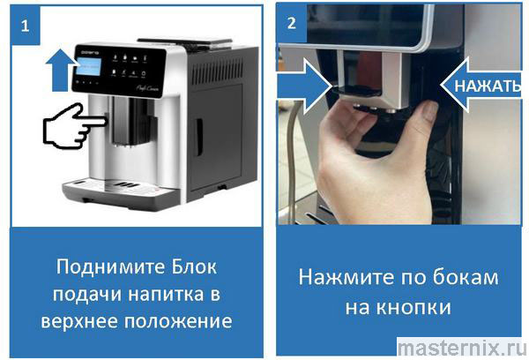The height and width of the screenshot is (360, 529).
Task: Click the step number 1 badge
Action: (26, 26)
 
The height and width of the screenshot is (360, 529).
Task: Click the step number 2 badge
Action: (292, 23)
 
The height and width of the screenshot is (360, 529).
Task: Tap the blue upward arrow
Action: (61, 70)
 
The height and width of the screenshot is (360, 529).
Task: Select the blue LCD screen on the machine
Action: (88, 67)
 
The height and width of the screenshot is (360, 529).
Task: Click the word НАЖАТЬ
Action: (488, 86)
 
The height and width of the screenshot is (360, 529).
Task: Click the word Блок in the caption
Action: (194, 266)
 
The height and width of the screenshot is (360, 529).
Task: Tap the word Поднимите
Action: (110, 267)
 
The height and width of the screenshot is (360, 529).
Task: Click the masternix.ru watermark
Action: (462, 348)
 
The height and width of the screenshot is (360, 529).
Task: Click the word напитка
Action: (166, 294)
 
